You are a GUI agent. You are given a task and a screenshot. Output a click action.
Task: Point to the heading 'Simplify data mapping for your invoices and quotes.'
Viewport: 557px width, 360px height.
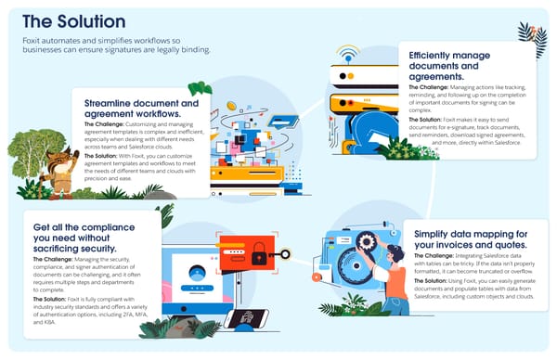(468, 236)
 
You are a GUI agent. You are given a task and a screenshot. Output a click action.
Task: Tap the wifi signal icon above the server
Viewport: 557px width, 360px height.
(349, 52)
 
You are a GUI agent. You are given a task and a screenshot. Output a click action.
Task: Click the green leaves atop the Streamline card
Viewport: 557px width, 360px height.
(199, 89)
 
